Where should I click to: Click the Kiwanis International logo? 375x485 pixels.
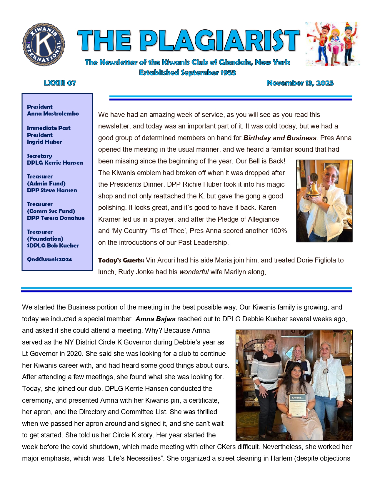coord(44,44)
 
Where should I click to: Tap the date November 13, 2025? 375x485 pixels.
coord(300,83)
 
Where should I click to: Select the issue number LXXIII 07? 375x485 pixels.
coord(60,83)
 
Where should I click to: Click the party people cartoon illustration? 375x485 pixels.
coord(332,44)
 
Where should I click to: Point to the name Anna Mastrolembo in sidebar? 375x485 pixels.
coord(53,114)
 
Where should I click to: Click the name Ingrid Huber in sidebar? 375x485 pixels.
coord(44,142)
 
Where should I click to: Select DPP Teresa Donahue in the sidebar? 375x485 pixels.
coord(56,218)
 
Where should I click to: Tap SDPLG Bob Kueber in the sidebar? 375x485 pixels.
coord(53,246)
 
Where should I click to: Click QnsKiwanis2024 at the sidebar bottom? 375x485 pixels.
coord(49,260)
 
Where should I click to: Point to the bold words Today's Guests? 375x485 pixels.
coord(121,260)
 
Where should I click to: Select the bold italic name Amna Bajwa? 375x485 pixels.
coord(155,319)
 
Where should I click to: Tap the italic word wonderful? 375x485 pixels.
coord(194,272)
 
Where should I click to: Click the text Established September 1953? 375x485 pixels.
coord(187,73)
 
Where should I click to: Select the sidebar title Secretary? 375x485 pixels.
coord(39,156)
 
